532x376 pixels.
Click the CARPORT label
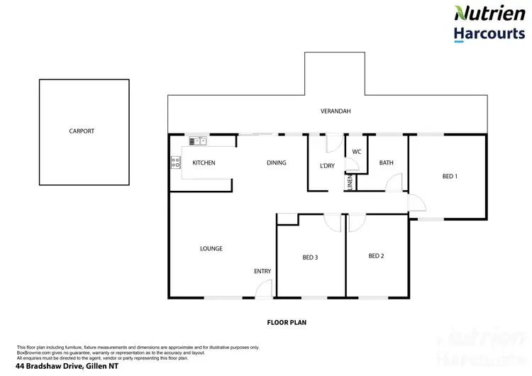82,131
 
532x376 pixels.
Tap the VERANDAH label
336,111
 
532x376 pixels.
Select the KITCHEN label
204,163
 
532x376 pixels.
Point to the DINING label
276,163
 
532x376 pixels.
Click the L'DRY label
327,166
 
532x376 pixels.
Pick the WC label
356,151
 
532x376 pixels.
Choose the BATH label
386,163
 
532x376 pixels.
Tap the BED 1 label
450,177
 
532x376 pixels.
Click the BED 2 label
376,255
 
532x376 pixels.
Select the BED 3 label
309,258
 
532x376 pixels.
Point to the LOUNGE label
211,249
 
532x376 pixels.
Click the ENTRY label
262,272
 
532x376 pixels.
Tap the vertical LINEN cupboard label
350,182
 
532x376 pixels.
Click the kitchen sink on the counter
198,141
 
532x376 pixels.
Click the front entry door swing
264,288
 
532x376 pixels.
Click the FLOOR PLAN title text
286,322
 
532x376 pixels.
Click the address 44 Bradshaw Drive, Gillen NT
61,366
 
